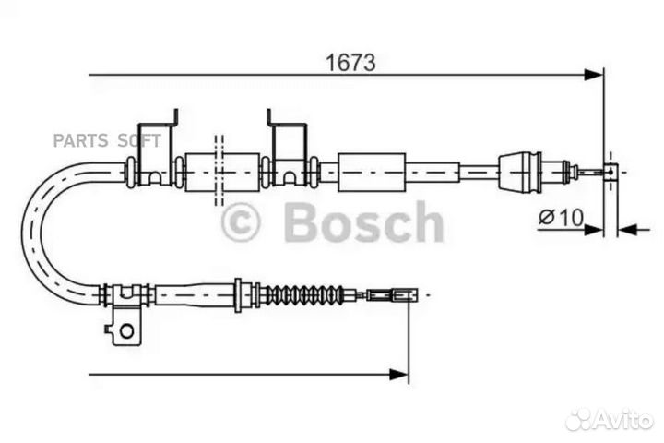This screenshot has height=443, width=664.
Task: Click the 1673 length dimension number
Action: point(350,63)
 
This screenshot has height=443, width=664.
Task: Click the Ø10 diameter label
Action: point(561,218)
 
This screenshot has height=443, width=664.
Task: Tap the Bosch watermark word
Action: point(363,221)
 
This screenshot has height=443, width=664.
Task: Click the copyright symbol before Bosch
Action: point(241,223)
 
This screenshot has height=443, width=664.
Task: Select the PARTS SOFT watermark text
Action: point(107,140)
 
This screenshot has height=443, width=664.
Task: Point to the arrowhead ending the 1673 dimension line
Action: point(593,75)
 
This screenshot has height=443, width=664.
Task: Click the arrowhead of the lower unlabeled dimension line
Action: point(399,375)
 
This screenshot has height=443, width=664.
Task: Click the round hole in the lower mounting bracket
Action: point(126,330)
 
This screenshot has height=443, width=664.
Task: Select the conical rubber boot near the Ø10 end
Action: point(520,172)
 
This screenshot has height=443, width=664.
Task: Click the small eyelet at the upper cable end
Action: point(611,172)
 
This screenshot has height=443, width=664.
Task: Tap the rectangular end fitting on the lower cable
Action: point(392,294)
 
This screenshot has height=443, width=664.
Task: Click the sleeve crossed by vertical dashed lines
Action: point(222,172)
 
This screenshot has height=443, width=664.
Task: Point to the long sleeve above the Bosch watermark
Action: point(372,172)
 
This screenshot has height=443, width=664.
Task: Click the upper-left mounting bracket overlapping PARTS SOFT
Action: point(156,149)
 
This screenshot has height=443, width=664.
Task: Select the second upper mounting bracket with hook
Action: point(288,149)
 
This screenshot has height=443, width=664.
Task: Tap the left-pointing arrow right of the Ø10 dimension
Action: point(633,231)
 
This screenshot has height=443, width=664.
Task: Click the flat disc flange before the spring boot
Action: point(238,295)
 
